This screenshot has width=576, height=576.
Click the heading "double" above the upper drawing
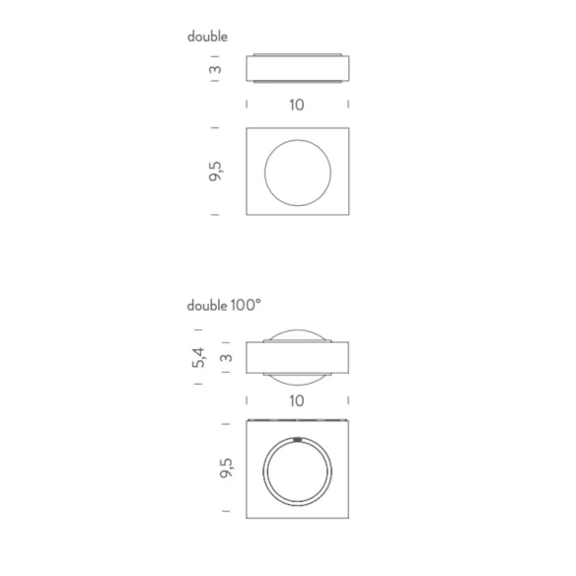click(x=207, y=36)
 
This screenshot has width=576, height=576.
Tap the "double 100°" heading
click(x=224, y=306)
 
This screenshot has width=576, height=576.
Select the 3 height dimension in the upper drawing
click(x=216, y=69)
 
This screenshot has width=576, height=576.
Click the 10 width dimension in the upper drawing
click(x=297, y=106)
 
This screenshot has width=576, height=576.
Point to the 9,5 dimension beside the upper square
click(x=215, y=172)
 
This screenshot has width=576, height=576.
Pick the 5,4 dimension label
click(x=198, y=357)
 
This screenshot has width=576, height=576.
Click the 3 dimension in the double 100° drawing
click(x=227, y=358)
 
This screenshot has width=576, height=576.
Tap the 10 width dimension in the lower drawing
click(x=297, y=400)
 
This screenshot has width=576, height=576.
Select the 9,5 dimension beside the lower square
click(x=226, y=468)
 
